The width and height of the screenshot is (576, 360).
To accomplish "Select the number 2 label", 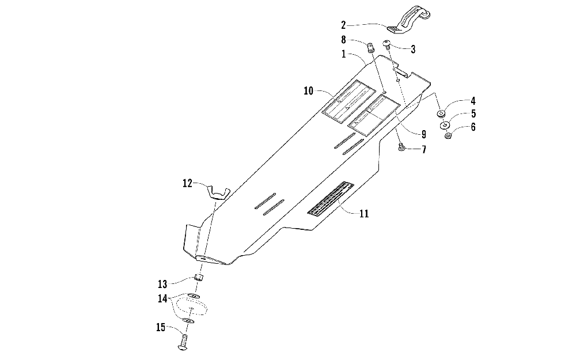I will click(x=343, y=25).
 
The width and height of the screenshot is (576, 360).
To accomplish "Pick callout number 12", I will click(x=187, y=183).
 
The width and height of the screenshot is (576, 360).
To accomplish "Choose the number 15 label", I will click(x=161, y=328).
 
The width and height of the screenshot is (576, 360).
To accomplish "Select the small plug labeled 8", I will click(x=372, y=46).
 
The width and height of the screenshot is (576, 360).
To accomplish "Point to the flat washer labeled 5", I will click(x=445, y=126).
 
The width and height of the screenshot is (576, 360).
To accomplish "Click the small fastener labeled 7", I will click(x=401, y=148).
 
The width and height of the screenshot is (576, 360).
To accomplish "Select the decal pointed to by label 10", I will click(x=347, y=101).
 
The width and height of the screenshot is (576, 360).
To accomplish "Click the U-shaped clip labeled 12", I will click(x=219, y=191).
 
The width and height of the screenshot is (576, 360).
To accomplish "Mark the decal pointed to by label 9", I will click(x=374, y=115).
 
